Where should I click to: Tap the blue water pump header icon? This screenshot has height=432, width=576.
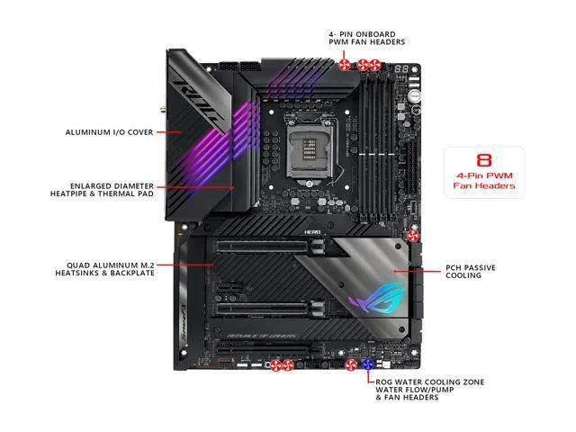tap(368, 364)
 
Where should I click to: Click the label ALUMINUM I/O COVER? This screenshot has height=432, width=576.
tap(109, 132)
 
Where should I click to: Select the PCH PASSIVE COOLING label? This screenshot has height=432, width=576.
tap(471, 272)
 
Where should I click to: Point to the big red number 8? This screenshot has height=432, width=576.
tap(484, 160)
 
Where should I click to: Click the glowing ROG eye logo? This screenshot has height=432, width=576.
tap(375, 297)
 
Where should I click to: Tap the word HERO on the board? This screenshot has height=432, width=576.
tap(312, 232)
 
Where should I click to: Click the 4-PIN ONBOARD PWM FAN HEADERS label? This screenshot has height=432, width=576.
tap(366, 38)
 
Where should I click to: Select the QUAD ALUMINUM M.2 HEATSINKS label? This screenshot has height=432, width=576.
tap(105, 269)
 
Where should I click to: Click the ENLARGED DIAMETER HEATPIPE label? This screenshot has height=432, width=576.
tap(102, 190)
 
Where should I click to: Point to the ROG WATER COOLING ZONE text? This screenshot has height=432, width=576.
tap(430, 382)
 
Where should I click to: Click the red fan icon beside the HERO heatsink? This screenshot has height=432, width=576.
tap(413, 236)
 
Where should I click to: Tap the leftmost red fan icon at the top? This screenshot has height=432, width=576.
tap(344, 65)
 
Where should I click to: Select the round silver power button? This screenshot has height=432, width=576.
tap(414, 96)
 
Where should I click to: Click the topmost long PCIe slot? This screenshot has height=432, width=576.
tap(262, 247)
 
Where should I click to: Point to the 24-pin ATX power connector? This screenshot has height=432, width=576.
tap(413, 168)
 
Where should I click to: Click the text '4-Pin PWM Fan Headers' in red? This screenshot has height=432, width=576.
tap(484, 181)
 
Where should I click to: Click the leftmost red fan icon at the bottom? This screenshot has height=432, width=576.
tap(275, 365)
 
